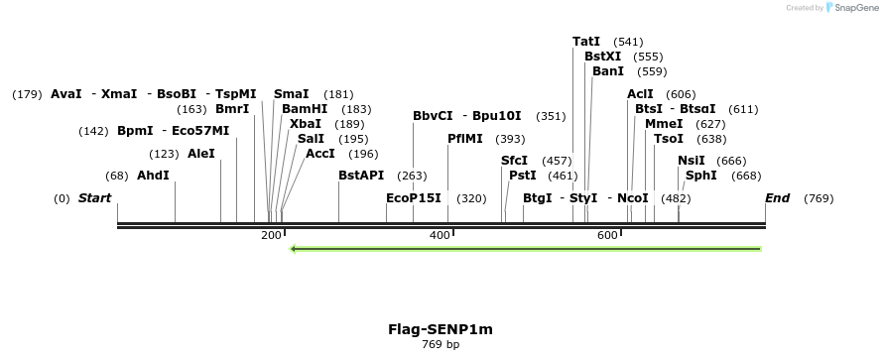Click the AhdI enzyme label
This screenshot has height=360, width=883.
153,176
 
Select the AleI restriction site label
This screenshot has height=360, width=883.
200,154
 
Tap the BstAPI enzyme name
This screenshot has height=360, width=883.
361,176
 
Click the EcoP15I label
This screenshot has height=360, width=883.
414,198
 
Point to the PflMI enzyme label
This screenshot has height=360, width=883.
465,139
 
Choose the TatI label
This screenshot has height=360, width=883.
586,42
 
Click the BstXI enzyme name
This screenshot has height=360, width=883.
603,57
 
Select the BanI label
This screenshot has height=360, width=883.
608,71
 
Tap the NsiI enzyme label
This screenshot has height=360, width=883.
692,161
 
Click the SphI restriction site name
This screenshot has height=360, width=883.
701,176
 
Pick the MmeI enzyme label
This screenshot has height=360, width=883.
664,124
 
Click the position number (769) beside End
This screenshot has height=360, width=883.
819,198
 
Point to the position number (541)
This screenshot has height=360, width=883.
629,42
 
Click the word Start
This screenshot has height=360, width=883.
95,198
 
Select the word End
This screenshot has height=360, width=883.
777,198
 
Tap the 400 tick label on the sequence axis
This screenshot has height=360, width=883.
440,235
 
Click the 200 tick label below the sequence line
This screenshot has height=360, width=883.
271,235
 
